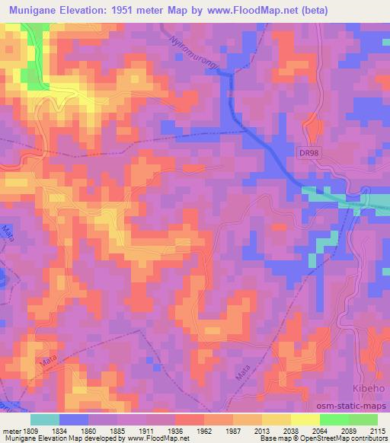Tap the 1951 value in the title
[x=142, y=10]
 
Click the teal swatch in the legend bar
[x=45, y=419]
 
